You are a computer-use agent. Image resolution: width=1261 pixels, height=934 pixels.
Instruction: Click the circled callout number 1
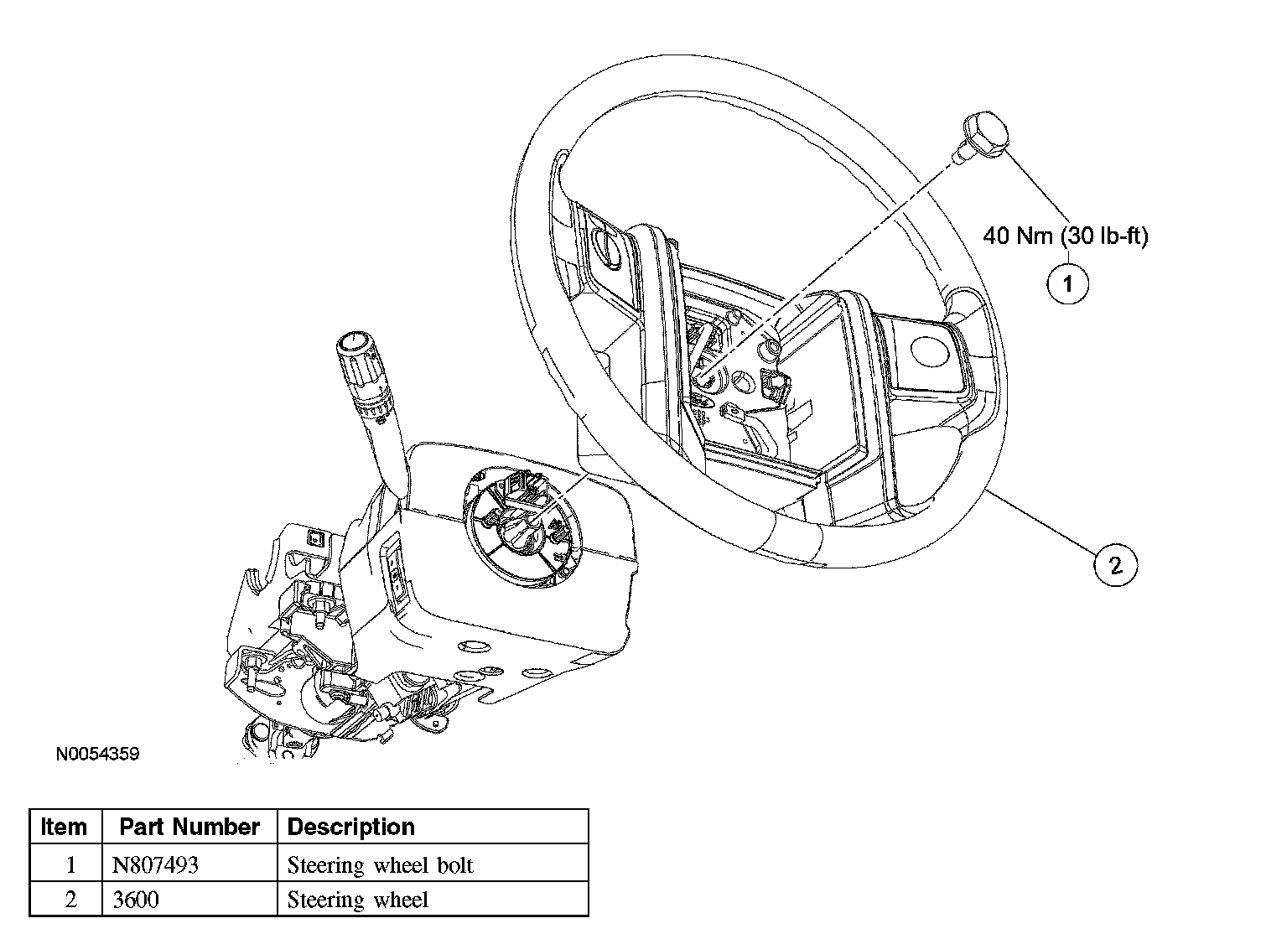coord(1067,283)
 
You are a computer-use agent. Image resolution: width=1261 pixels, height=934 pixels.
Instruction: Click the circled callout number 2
coord(1115,565)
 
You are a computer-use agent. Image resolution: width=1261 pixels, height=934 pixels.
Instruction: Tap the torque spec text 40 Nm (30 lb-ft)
coord(1066,236)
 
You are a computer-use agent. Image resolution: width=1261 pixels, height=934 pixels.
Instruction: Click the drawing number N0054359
coord(98,754)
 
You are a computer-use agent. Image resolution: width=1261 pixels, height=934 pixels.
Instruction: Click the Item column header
coord(64,827)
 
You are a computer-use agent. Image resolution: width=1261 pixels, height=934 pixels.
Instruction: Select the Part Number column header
coord(189,827)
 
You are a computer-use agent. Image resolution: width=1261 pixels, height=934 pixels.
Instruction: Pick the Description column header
coord(350,828)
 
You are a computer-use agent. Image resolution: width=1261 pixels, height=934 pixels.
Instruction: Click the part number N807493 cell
coord(155,865)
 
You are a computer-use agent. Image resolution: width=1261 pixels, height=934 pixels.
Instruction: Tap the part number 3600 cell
coord(136,900)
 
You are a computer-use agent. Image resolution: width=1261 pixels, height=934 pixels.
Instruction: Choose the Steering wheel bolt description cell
coord(380,865)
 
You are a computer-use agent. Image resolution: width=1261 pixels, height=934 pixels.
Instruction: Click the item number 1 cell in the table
coord(70,865)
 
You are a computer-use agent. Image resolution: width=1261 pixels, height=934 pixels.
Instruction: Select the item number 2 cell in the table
coord(70,900)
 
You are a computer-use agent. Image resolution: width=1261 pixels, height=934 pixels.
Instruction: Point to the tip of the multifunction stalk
coord(352,343)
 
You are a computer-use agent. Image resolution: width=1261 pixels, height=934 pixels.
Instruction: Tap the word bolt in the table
coord(454,865)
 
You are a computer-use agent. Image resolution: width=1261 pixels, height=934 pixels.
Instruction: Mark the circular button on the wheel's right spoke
coord(930,350)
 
